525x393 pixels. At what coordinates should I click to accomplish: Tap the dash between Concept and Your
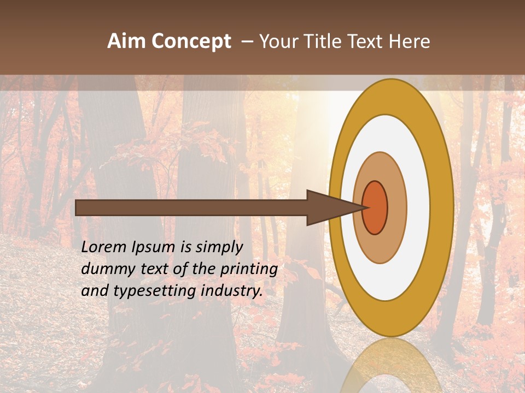click(x=247, y=42)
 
